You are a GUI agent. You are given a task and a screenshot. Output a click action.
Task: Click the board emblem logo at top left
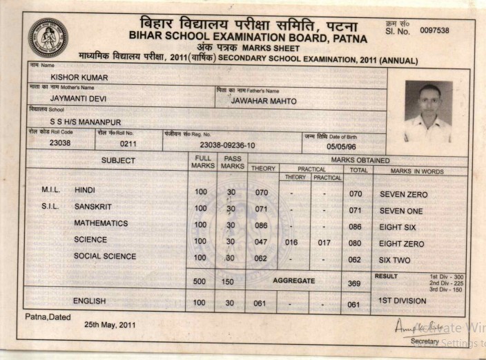pos(48,37)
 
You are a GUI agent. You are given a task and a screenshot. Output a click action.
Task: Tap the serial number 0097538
pos(434,30)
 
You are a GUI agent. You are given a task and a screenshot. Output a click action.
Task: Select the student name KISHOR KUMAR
pos(79,77)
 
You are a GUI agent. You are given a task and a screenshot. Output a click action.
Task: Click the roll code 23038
pos(60,143)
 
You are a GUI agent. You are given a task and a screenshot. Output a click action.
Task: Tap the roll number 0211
pos(128,144)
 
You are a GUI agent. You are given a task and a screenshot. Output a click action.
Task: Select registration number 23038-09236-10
pos(227,145)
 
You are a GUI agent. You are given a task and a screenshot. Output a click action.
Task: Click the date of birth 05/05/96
pos(341,146)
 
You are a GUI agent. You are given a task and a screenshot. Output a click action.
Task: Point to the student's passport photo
pos(428,111)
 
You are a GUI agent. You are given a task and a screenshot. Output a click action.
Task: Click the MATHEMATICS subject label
pos(101,223)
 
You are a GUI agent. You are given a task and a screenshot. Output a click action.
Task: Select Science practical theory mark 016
pos(291,243)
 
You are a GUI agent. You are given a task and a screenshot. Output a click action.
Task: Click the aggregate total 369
pos(354,283)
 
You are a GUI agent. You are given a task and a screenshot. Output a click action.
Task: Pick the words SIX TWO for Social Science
pos(395,260)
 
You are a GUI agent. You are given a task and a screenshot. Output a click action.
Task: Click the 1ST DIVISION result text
pos(403,301)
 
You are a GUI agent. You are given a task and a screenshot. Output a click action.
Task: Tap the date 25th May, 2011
pos(110,324)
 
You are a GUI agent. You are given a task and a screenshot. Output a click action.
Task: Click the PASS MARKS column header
pos(233,162)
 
